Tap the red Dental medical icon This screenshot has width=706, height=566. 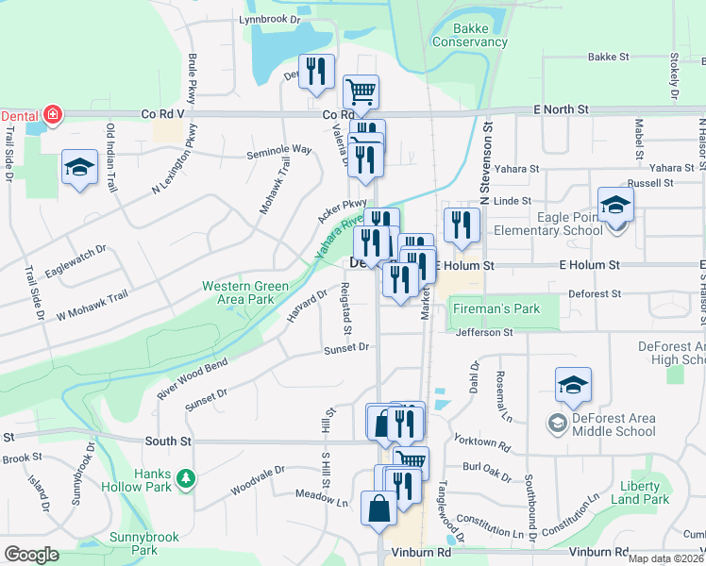[53, 115]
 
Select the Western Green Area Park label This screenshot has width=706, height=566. [244, 292]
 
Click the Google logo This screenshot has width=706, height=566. [32, 554]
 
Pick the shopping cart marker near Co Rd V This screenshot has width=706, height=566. [361, 92]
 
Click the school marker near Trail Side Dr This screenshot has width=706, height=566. [79, 168]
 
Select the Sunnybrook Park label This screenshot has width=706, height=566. [131, 542]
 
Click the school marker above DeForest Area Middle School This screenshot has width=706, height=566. [573, 385]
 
